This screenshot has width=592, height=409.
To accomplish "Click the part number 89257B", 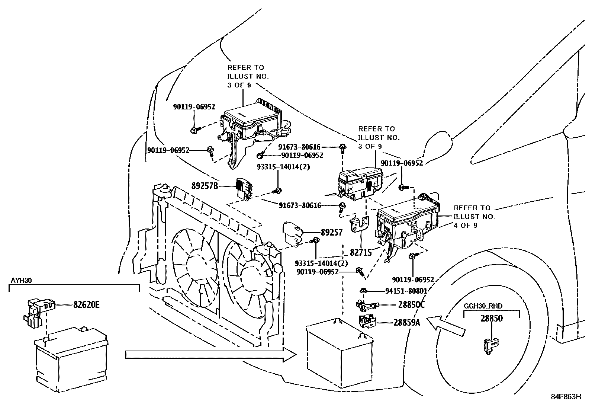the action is coord(205,186).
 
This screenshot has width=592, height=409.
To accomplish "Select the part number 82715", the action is coord(361,252).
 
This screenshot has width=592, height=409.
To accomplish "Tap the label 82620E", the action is coord(86,305).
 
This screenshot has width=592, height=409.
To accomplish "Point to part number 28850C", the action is coord(411,305).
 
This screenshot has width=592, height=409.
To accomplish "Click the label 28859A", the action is coord(407,322).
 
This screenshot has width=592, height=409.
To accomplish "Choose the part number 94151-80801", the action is coord(406,291).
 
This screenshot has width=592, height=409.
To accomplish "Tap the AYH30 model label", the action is coord(21,281).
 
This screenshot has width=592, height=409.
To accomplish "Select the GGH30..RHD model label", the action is coord(483,306).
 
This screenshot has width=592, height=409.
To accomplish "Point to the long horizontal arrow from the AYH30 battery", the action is coord(210,355).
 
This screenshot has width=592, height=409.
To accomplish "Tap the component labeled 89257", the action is coord(292,234).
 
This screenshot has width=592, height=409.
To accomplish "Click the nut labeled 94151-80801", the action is coord(364,290).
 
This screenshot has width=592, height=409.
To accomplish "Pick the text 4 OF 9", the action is coord(466,226).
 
